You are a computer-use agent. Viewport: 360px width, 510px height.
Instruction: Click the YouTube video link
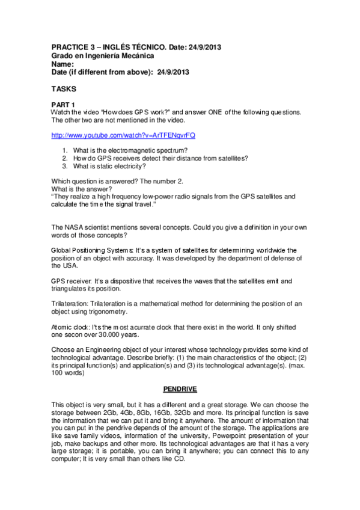(123, 135)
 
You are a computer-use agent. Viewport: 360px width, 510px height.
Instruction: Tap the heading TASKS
(64, 88)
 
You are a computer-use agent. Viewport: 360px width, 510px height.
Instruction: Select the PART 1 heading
(63, 105)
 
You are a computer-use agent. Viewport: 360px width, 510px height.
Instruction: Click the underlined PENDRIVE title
(180, 389)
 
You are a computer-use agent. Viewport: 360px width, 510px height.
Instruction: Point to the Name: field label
(63, 64)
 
